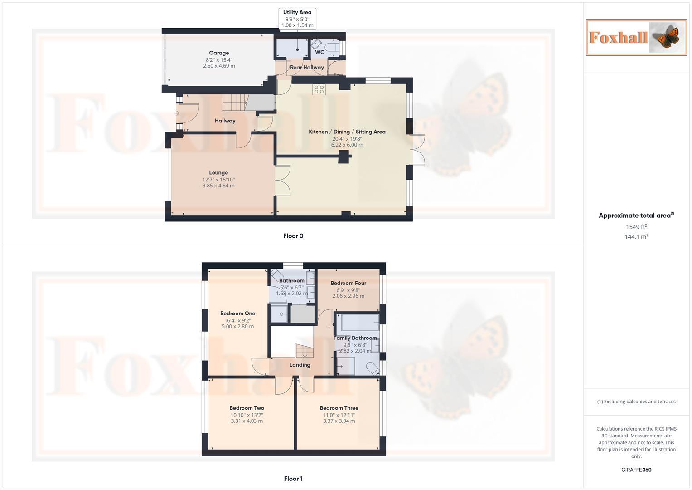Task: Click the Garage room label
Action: coord(219,53)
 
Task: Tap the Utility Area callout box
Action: coord(297,19)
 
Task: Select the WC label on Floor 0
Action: coord(319,52)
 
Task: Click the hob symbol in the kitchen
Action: coord(318,89)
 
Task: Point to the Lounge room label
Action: coord(218,172)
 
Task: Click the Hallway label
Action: coord(225,121)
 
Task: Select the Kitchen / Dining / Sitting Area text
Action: coord(347,132)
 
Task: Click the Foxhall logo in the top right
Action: coord(636,38)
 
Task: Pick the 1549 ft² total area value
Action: coord(636,227)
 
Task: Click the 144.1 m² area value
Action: coord(636,237)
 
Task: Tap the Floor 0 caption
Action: coord(293,236)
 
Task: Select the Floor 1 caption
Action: coord(293,479)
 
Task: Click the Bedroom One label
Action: coord(237,313)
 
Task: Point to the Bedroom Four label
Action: coord(348,283)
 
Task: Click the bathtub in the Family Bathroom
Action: coord(360,323)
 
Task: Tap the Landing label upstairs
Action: coord(300,365)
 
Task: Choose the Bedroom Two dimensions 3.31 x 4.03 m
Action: coord(247,421)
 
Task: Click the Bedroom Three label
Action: coord(339,408)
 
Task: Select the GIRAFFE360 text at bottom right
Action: coord(636,470)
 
